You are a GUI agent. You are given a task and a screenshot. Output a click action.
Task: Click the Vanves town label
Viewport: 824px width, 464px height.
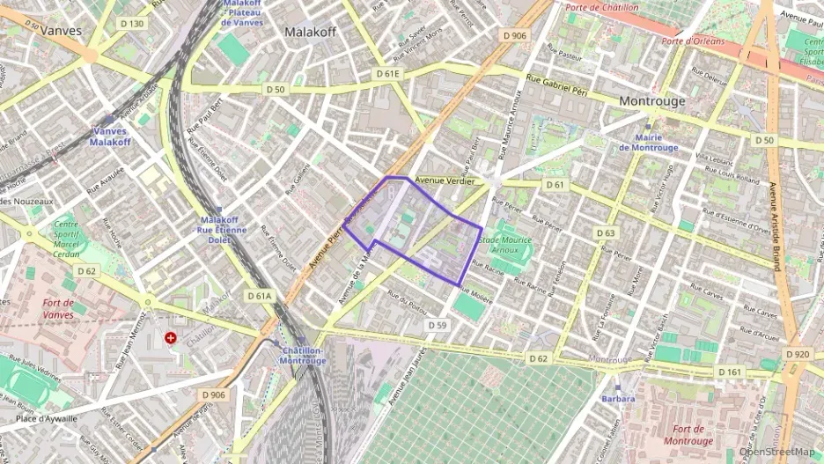pyautogui.click(x=62, y=30)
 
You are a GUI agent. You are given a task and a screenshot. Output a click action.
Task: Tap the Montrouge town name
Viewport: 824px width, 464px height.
pyautogui.click(x=651, y=101)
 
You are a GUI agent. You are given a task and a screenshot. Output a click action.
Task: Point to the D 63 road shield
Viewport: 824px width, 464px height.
pyautogui.click(x=605, y=233)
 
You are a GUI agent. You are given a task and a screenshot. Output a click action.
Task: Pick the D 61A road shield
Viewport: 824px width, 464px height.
pyautogui.click(x=260, y=297)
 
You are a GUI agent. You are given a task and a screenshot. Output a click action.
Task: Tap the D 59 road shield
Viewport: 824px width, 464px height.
pyautogui.click(x=438, y=325)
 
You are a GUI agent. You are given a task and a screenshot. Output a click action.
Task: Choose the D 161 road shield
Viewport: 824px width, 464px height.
pyautogui.click(x=729, y=372)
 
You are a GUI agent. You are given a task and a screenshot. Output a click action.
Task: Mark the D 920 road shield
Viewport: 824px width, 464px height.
pyautogui.click(x=796, y=354)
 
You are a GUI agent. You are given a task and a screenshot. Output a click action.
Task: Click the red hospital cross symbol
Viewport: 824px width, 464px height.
pyautogui.click(x=170, y=337)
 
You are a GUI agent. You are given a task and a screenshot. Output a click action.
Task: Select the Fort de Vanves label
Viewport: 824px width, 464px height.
pyautogui.click(x=63, y=308)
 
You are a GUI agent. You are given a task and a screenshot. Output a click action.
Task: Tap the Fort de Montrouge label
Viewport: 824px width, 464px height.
pyautogui.click(x=688, y=434)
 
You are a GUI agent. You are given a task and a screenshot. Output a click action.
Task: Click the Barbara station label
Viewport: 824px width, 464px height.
pyautogui.click(x=618, y=399)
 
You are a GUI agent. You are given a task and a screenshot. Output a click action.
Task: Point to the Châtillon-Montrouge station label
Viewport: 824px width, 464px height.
pyautogui.click(x=304, y=356)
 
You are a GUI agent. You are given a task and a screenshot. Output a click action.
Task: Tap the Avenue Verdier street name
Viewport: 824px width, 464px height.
pyautogui.click(x=445, y=180)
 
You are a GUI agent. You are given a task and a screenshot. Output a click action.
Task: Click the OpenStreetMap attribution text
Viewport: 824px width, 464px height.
pyautogui.click(x=776, y=452)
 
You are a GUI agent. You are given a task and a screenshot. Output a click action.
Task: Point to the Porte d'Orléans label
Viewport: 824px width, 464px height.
pyautogui.click(x=693, y=41)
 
